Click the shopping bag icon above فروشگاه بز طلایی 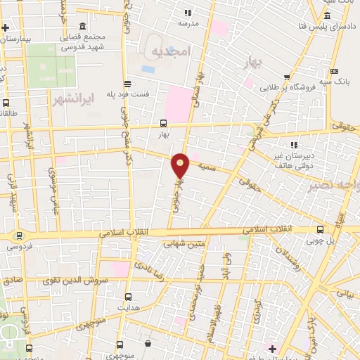pyautogui.click(x=287, y=78)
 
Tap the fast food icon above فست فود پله pyautogui.click(x=127, y=83)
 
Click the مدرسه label pyautogui.click(x=188, y=23)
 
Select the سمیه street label pyautogui.click(x=206, y=167)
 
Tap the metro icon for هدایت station pyautogui.click(x=127, y=297)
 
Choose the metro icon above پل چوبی pyautogui.click(x=321, y=229)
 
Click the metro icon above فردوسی pyautogui.click(x=19, y=236)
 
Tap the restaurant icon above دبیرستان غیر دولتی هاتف pyautogui.click(x=292, y=144)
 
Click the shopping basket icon pyautogui.click(x=148, y=343)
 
